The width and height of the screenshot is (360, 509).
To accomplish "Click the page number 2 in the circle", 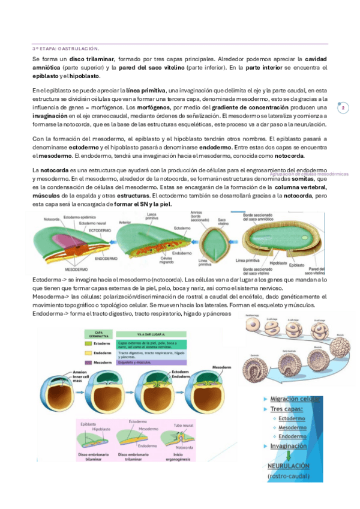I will click(343, 109).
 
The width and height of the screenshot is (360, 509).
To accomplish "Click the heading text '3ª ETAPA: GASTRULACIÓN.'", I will click(65, 48).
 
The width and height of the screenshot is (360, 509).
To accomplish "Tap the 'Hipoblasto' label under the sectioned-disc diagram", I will click(278, 262).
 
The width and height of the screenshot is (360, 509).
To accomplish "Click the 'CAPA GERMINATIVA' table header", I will click(97, 334).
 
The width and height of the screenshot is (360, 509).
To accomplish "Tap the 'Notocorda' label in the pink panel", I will click(184, 447).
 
